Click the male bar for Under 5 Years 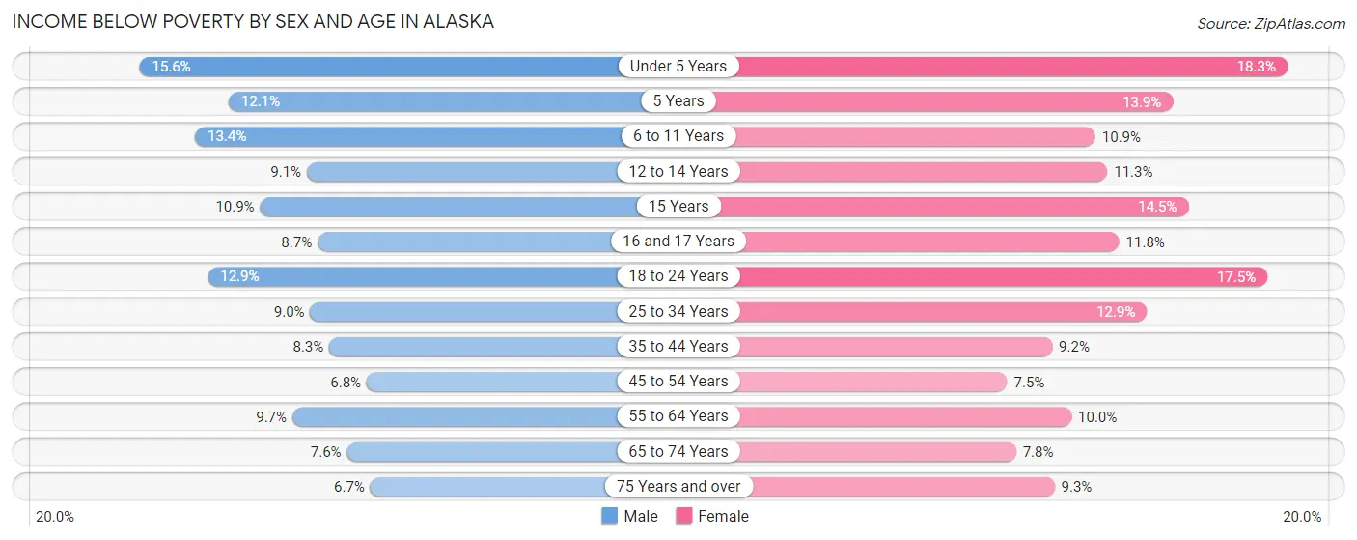[386, 67]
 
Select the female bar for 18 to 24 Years [994, 276]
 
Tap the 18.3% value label [1257, 67]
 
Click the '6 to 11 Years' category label [678, 136]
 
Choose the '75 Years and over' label [678, 487]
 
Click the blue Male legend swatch [609, 516]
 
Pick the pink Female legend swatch [684, 516]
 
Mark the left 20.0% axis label [55, 517]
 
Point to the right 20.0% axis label [1301, 517]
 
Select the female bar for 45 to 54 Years [869, 382]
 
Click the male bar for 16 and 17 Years [468, 242]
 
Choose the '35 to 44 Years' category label [678, 347]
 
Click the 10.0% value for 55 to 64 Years [1097, 417]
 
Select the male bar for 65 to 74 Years [483, 452]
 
